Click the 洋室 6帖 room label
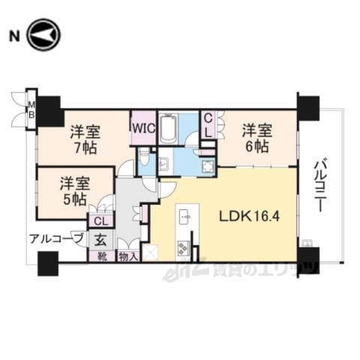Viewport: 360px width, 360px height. pos(254,138)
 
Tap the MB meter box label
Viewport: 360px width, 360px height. pos(31,109)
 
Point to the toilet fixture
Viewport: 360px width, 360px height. pos(145,158)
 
